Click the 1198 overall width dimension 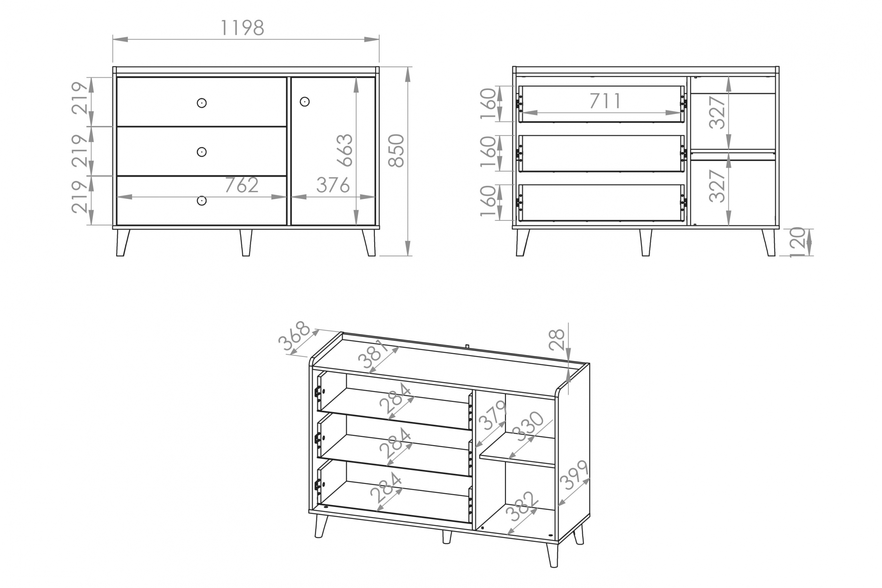click(x=242, y=28)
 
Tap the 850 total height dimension click(x=396, y=151)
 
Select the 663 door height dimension click(x=345, y=150)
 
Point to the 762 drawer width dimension click(x=242, y=185)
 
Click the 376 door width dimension click(x=333, y=185)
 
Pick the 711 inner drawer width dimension click(x=605, y=100)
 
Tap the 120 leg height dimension click(x=797, y=242)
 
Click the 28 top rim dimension click(x=556, y=340)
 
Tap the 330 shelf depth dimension click(x=530, y=426)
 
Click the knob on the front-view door click(x=305, y=102)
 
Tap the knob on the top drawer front click(x=202, y=103)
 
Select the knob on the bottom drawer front click(x=202, y=201)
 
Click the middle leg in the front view click(x=246, y=243)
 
